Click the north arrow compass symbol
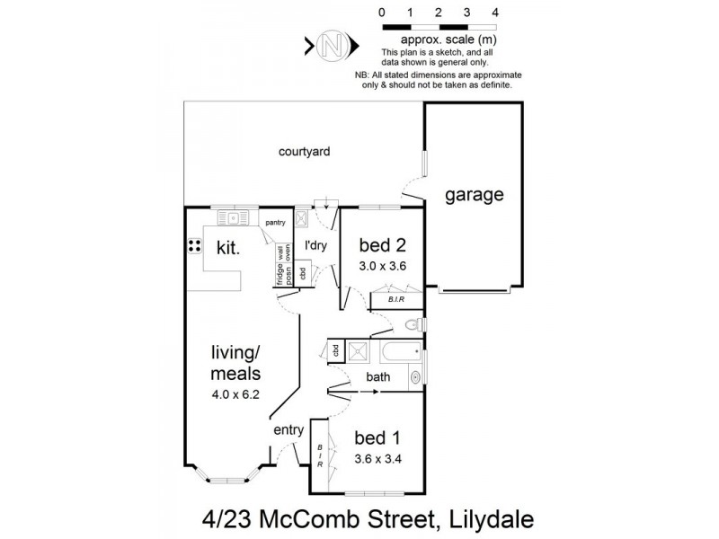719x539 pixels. pyautogui.click(x=333, y=44)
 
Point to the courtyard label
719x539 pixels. pyautogui.click(x=304, y=152)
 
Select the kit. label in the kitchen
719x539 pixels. pyautogui.click(x=226, y=249)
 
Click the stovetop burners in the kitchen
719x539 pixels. pyautogui.click(x=194, y=245)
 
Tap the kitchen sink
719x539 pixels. pyautogui.click(x=235, y=216)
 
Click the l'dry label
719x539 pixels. pyautogui.click(x=315, y=245)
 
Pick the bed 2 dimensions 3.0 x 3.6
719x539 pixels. pyautogui.click(x=384, y=265)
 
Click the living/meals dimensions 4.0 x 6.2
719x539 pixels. pyautogui.click(x=235, y=392)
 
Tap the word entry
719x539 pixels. pyautogui.click(x=289, y=430)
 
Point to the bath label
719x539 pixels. pyautogui.click(x=377, y=377)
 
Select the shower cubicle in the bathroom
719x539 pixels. pyautogui.click(x=357, y=350)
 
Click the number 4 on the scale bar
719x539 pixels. pyautogui.click(x=493, y=13)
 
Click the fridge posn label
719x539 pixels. pyautogui.click(x=280, y=270)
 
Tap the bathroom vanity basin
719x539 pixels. pyautogui.click(x=416, y=378)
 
